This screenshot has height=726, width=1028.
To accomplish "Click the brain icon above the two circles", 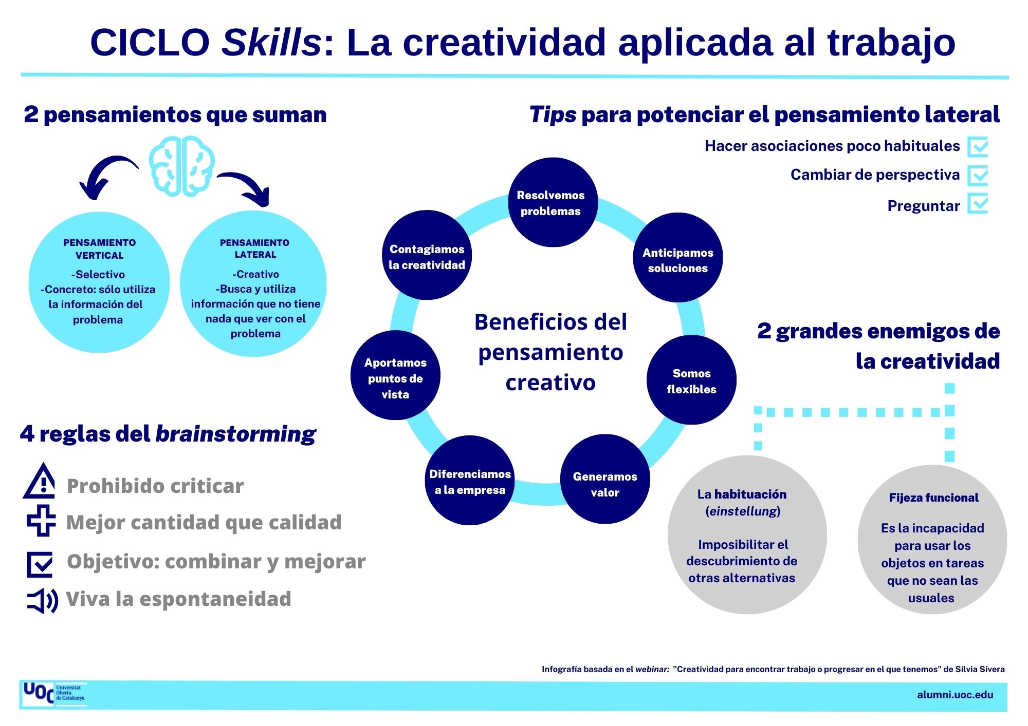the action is pyautogui.click(x=181, y=166).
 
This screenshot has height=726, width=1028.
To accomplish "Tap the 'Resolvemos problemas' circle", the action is pyautogui.click(x=553, y=202).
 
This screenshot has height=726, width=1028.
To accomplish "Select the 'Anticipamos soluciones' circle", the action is pyautogui.click(x=677, y=258).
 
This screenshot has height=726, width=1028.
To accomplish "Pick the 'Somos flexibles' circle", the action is pyautogui.click(x=691, y=380).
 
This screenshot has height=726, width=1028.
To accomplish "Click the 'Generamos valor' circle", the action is pyautogui.click(x=605, y=479).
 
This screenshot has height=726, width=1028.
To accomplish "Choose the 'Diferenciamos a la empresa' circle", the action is pyautogui.click(x=470, y=481).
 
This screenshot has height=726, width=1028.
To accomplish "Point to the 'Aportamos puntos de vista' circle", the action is pyautogui.click(x=395, y=375).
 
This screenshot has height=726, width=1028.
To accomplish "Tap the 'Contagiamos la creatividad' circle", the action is pyautogui.click(x=427, y=255).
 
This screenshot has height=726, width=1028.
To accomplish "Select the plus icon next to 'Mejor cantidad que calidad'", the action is pyautogui.click(x=41, y=520).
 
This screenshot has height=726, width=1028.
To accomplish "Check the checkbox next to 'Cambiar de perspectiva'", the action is pyautogui.click(x=978, y=175).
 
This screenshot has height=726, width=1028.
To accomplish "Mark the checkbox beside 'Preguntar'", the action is pyautogui.click(x=978, y=203).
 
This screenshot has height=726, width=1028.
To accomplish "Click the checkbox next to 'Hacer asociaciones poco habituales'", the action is pyautogui.click(x=978, y=147).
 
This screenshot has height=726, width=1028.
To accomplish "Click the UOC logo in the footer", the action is pyautogui.click(x=53, y=694).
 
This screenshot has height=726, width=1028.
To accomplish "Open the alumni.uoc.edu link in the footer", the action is pyautogui.click(x=955, y=695).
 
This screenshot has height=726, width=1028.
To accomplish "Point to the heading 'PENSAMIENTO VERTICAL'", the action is pyautogui.click(x=100, y=249).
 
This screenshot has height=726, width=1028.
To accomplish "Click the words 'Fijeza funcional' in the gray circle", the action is pyautogui.click(x=933, y=498).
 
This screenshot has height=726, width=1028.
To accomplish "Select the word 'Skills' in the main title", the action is pyautogui.click(x=271, y=42).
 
